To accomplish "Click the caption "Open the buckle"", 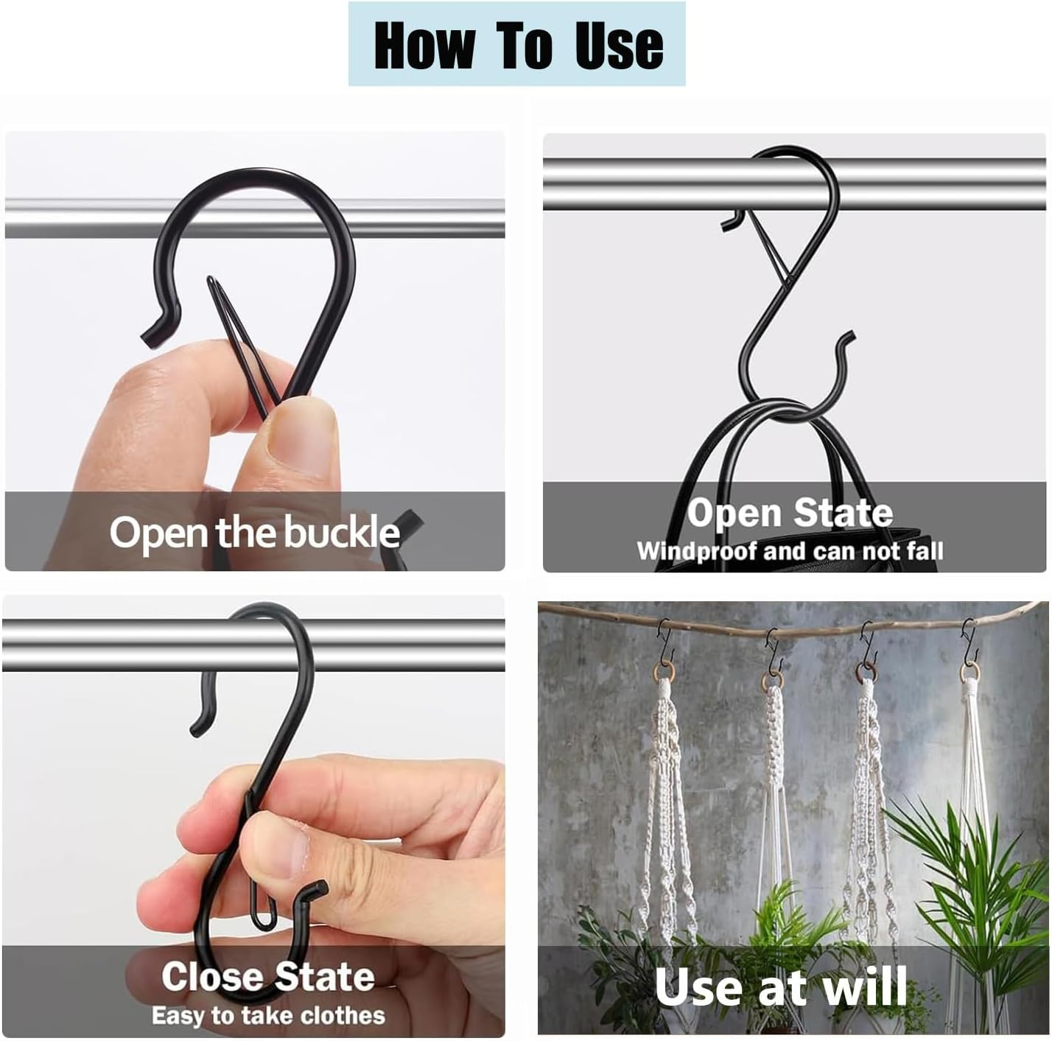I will [x=254, y=532].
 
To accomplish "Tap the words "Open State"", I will [x=790, y=513].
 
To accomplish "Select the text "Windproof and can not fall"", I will [x=790, y=551].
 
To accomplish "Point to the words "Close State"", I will [x=267, y=976].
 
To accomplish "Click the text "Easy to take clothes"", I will [x=268, y=1016].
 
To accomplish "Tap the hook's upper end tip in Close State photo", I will [x=197, y=729].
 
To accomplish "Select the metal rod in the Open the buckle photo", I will [x=74, y=219].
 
